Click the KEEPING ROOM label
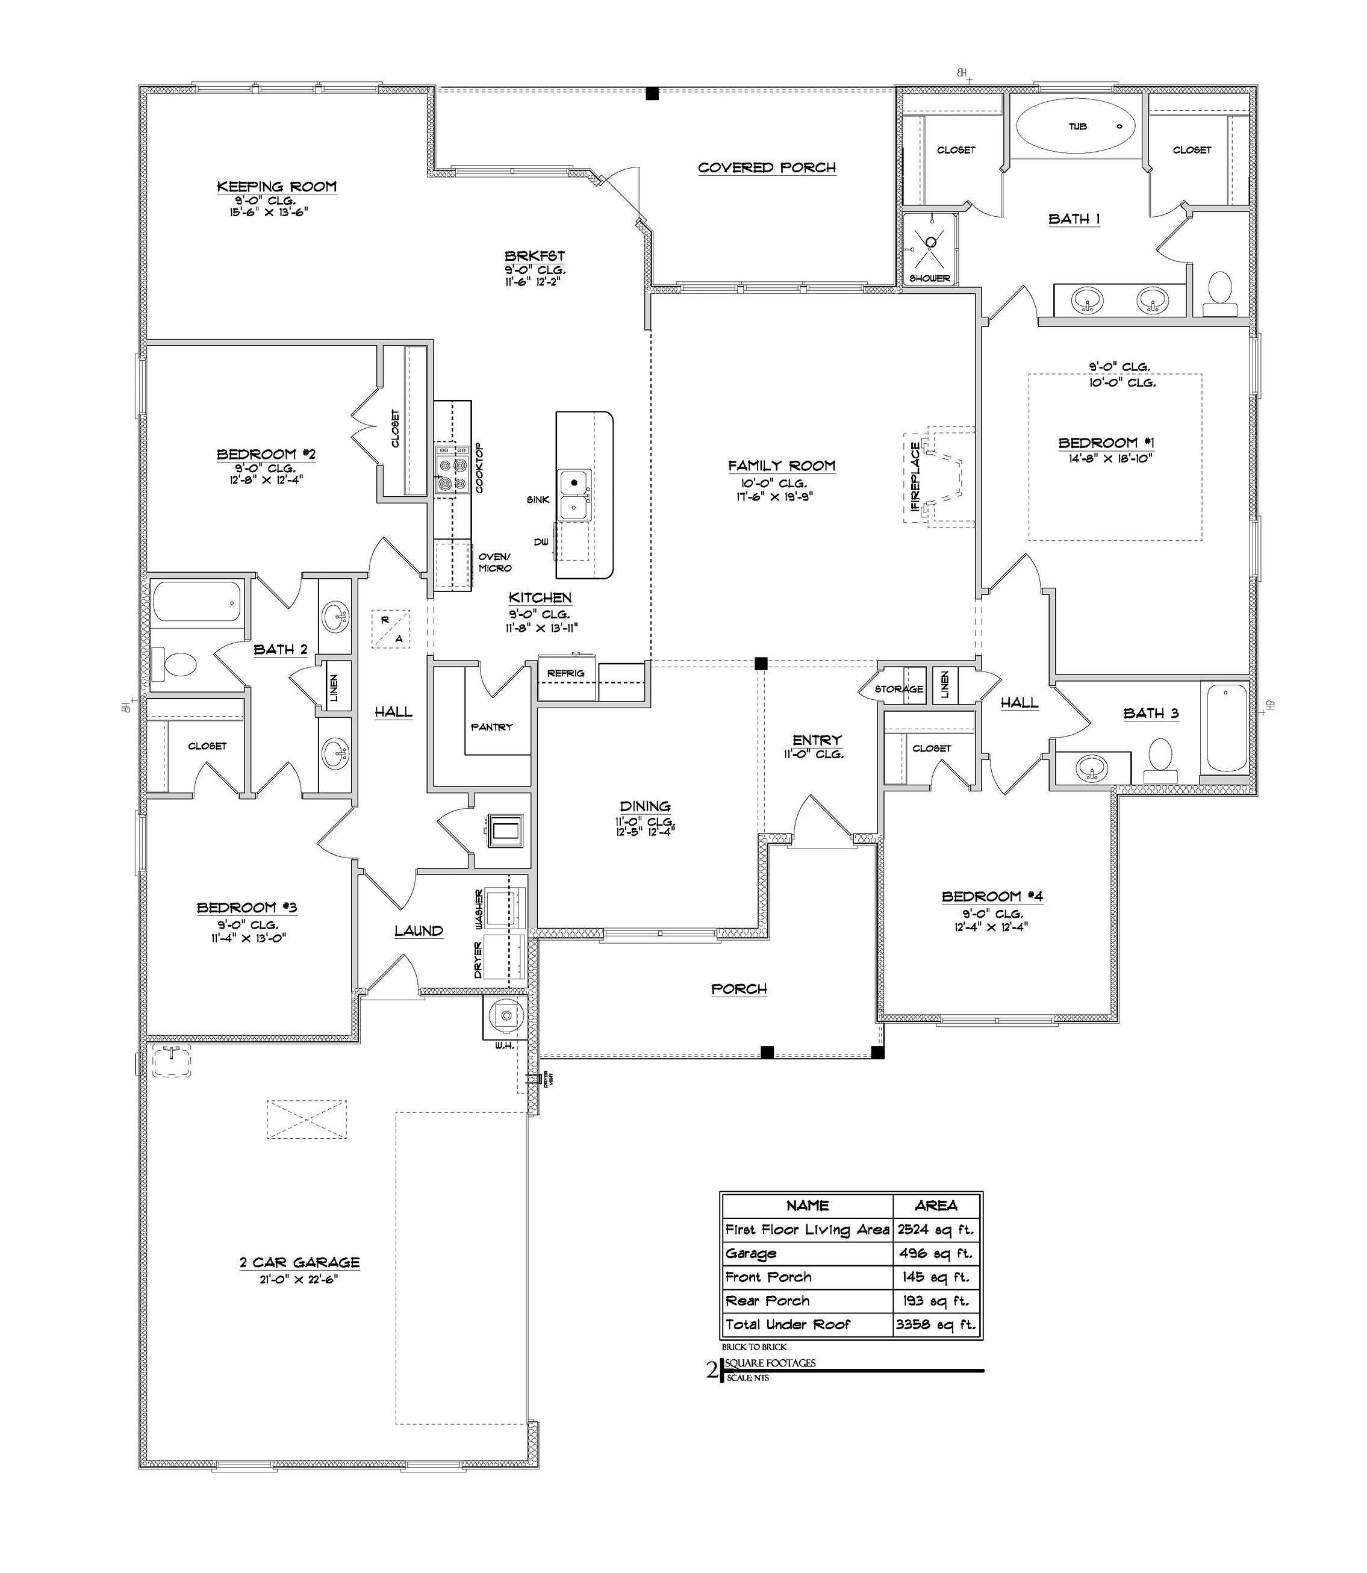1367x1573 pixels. (276, 187)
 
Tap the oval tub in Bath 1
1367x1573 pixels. (1075, 126)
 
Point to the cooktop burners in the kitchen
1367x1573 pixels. (451, 472)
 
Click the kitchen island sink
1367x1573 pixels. (575, 495)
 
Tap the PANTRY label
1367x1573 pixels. (491, 727)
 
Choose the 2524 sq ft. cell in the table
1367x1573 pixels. (935, 1229)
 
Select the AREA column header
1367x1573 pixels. (935, 1205)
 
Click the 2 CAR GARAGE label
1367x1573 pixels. (299, 1262)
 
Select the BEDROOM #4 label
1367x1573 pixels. (992, 896)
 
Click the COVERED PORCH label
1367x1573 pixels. (767, 168)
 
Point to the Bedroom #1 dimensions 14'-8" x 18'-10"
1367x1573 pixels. (1110, 458)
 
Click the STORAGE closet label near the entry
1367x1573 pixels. (898, 689)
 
